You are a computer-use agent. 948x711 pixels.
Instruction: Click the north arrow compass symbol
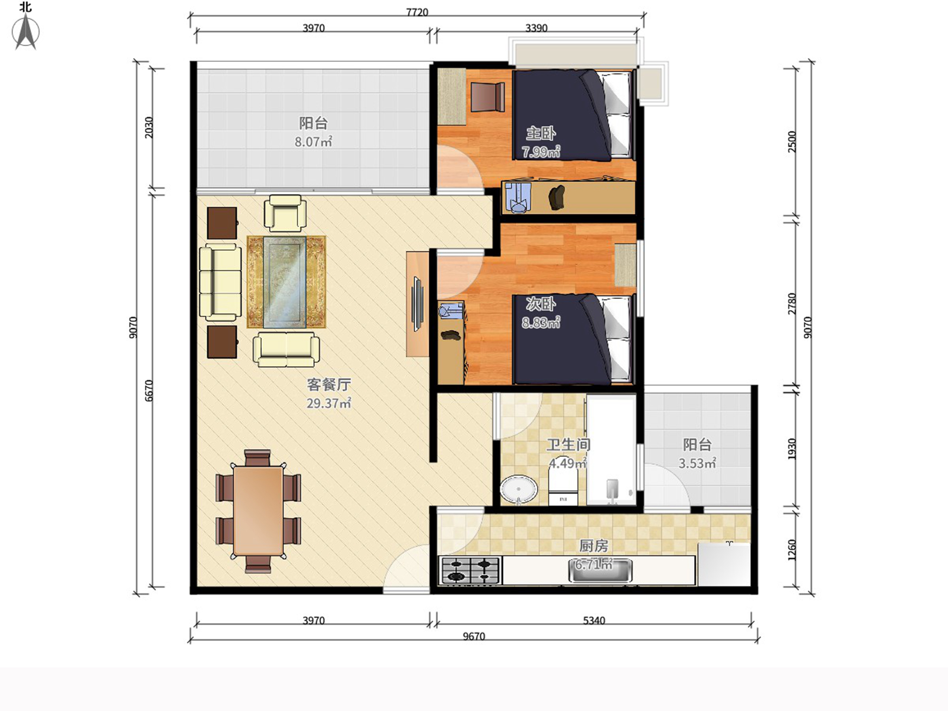[x=26, y=31]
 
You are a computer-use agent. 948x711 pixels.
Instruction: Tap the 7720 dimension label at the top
[x=417, y=12]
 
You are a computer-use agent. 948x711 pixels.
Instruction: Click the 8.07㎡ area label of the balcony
[x=313, y=141]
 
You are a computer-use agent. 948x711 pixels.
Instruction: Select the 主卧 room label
[x=541, y=133]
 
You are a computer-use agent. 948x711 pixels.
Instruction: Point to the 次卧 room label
[x=541, y=304]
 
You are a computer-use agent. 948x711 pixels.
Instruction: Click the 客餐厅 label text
[x=329, y=384]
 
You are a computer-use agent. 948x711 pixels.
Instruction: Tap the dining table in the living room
[x=258, y=511]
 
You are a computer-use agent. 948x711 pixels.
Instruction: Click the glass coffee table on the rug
[x=284, y=282]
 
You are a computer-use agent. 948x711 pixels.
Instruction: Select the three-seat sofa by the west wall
[x=220, y=282]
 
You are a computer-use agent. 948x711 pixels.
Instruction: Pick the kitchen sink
[x=600, y=571]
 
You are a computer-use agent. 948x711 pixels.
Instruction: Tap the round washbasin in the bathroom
[x=518, y=489]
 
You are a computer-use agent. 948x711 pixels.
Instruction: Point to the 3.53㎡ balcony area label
[x=697, y=463]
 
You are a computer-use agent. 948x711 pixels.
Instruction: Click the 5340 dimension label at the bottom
[x=594, y=620]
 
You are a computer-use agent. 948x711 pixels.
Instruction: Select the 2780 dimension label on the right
[x=792, y=304]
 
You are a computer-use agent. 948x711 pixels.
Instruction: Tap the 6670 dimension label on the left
[x=149, y=390]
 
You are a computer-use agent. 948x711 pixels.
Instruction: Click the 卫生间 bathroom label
[x=568, y=445]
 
